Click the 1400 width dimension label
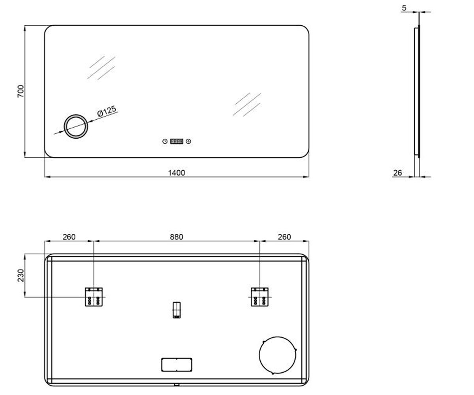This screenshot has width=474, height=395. click(x=177, y=173)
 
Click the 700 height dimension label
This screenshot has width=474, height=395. click(x=21, y=91)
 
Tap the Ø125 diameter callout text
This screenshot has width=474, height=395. click(x=107, y=111)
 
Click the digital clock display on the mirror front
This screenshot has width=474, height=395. click(x=177, y=141)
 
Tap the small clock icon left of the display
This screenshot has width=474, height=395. click(x=165, y=141)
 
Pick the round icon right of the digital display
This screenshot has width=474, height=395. click(x=188, y=141)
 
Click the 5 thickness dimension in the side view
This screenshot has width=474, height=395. click(x=404, y=8)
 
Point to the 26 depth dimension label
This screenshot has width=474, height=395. click(x=397, y=173)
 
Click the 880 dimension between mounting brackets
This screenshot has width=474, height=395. click(x=177, y=237)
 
